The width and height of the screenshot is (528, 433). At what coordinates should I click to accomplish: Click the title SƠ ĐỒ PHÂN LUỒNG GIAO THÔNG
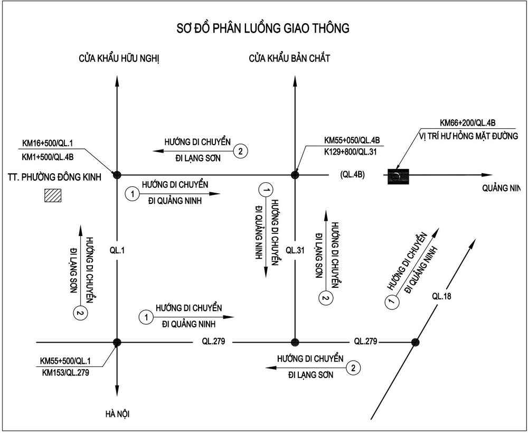[263, 29]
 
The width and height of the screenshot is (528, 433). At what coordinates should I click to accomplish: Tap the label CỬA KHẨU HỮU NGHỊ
[119, 59]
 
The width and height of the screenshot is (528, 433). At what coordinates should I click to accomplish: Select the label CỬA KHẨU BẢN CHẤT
[289, 58]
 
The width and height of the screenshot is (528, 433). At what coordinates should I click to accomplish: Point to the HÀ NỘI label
[117, 414]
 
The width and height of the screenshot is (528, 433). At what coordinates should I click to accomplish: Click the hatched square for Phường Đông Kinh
[53, 195]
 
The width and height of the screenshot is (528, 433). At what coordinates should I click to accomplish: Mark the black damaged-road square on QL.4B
[398, 176]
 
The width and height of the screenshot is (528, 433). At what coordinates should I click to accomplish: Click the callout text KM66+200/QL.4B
[467, 123]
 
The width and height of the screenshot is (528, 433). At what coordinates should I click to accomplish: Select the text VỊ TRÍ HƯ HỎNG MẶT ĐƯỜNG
[469, 136]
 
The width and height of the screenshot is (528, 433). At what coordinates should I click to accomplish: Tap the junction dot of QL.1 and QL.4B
[117, 175]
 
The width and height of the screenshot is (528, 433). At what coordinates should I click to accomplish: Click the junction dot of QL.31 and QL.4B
[295, 175]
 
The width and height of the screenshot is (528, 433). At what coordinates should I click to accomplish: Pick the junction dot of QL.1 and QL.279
[117, 342]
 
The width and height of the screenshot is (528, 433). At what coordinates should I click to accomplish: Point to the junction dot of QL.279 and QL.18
[416, 342]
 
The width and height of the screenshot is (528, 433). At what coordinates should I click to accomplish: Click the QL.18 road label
[441, 296]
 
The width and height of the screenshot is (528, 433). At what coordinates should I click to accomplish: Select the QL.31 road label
[295, 250]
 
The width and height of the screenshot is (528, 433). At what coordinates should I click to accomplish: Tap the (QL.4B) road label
[352, 175]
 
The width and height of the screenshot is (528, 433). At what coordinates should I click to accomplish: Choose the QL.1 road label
[117, 250]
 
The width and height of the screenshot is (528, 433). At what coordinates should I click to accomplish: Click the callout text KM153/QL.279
[65, 372]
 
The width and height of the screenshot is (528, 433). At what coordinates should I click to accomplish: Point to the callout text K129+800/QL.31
[351, 152]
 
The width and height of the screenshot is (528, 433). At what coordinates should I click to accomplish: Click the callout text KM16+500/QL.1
[48, 144]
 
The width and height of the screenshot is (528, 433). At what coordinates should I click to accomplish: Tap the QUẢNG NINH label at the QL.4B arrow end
[501, 188]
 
